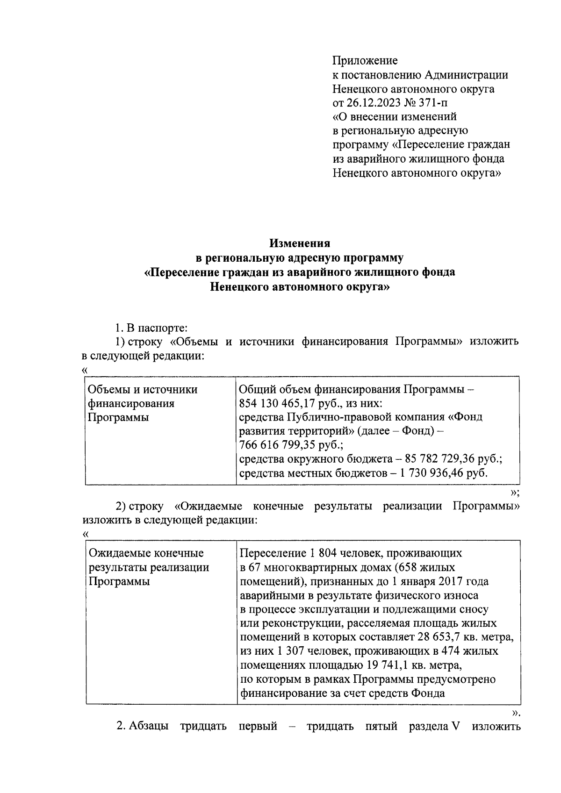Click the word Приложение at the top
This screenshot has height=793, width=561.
[365, 60]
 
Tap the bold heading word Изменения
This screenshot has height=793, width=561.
[300, 243]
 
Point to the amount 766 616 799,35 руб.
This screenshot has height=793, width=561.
[288, 444]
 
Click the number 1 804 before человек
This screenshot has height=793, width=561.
[318, 553]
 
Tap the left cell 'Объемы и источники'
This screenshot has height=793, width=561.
[143, 389]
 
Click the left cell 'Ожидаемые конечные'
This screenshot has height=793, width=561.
[146, 553]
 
